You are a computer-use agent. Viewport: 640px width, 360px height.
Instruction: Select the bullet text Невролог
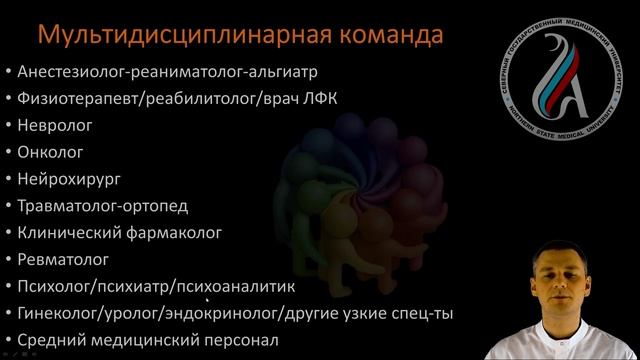click(55, 125)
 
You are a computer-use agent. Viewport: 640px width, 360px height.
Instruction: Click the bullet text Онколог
click(50, 152)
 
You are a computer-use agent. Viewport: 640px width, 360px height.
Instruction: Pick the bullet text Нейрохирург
click(68, 179)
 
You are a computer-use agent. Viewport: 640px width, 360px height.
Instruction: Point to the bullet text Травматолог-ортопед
click(103, 206)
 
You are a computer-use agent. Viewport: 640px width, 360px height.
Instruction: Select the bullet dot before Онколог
click(8, 152)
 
